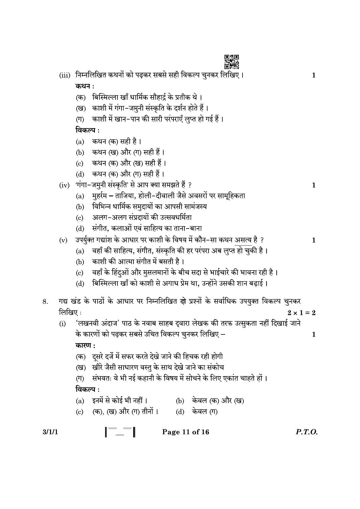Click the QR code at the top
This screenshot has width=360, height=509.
(x=231, y=62)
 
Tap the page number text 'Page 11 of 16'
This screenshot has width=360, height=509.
(x=185, y=432)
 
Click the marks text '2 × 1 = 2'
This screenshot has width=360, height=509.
(x=301, y=313)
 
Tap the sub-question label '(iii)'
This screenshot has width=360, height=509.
(x=65, y=76)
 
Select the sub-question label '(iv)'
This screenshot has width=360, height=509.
(x=64, y=185)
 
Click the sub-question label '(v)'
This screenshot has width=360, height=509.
(x=63, y=240)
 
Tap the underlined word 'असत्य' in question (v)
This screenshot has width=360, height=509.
(x=243, y=240)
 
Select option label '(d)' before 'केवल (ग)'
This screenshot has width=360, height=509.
(x=180, y=412)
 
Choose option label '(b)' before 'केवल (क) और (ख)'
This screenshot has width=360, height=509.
(x=180, y=401)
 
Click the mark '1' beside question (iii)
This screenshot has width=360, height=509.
(x=313, y=76)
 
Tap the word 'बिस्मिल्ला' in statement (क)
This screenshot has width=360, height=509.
(x=105, y=97)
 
